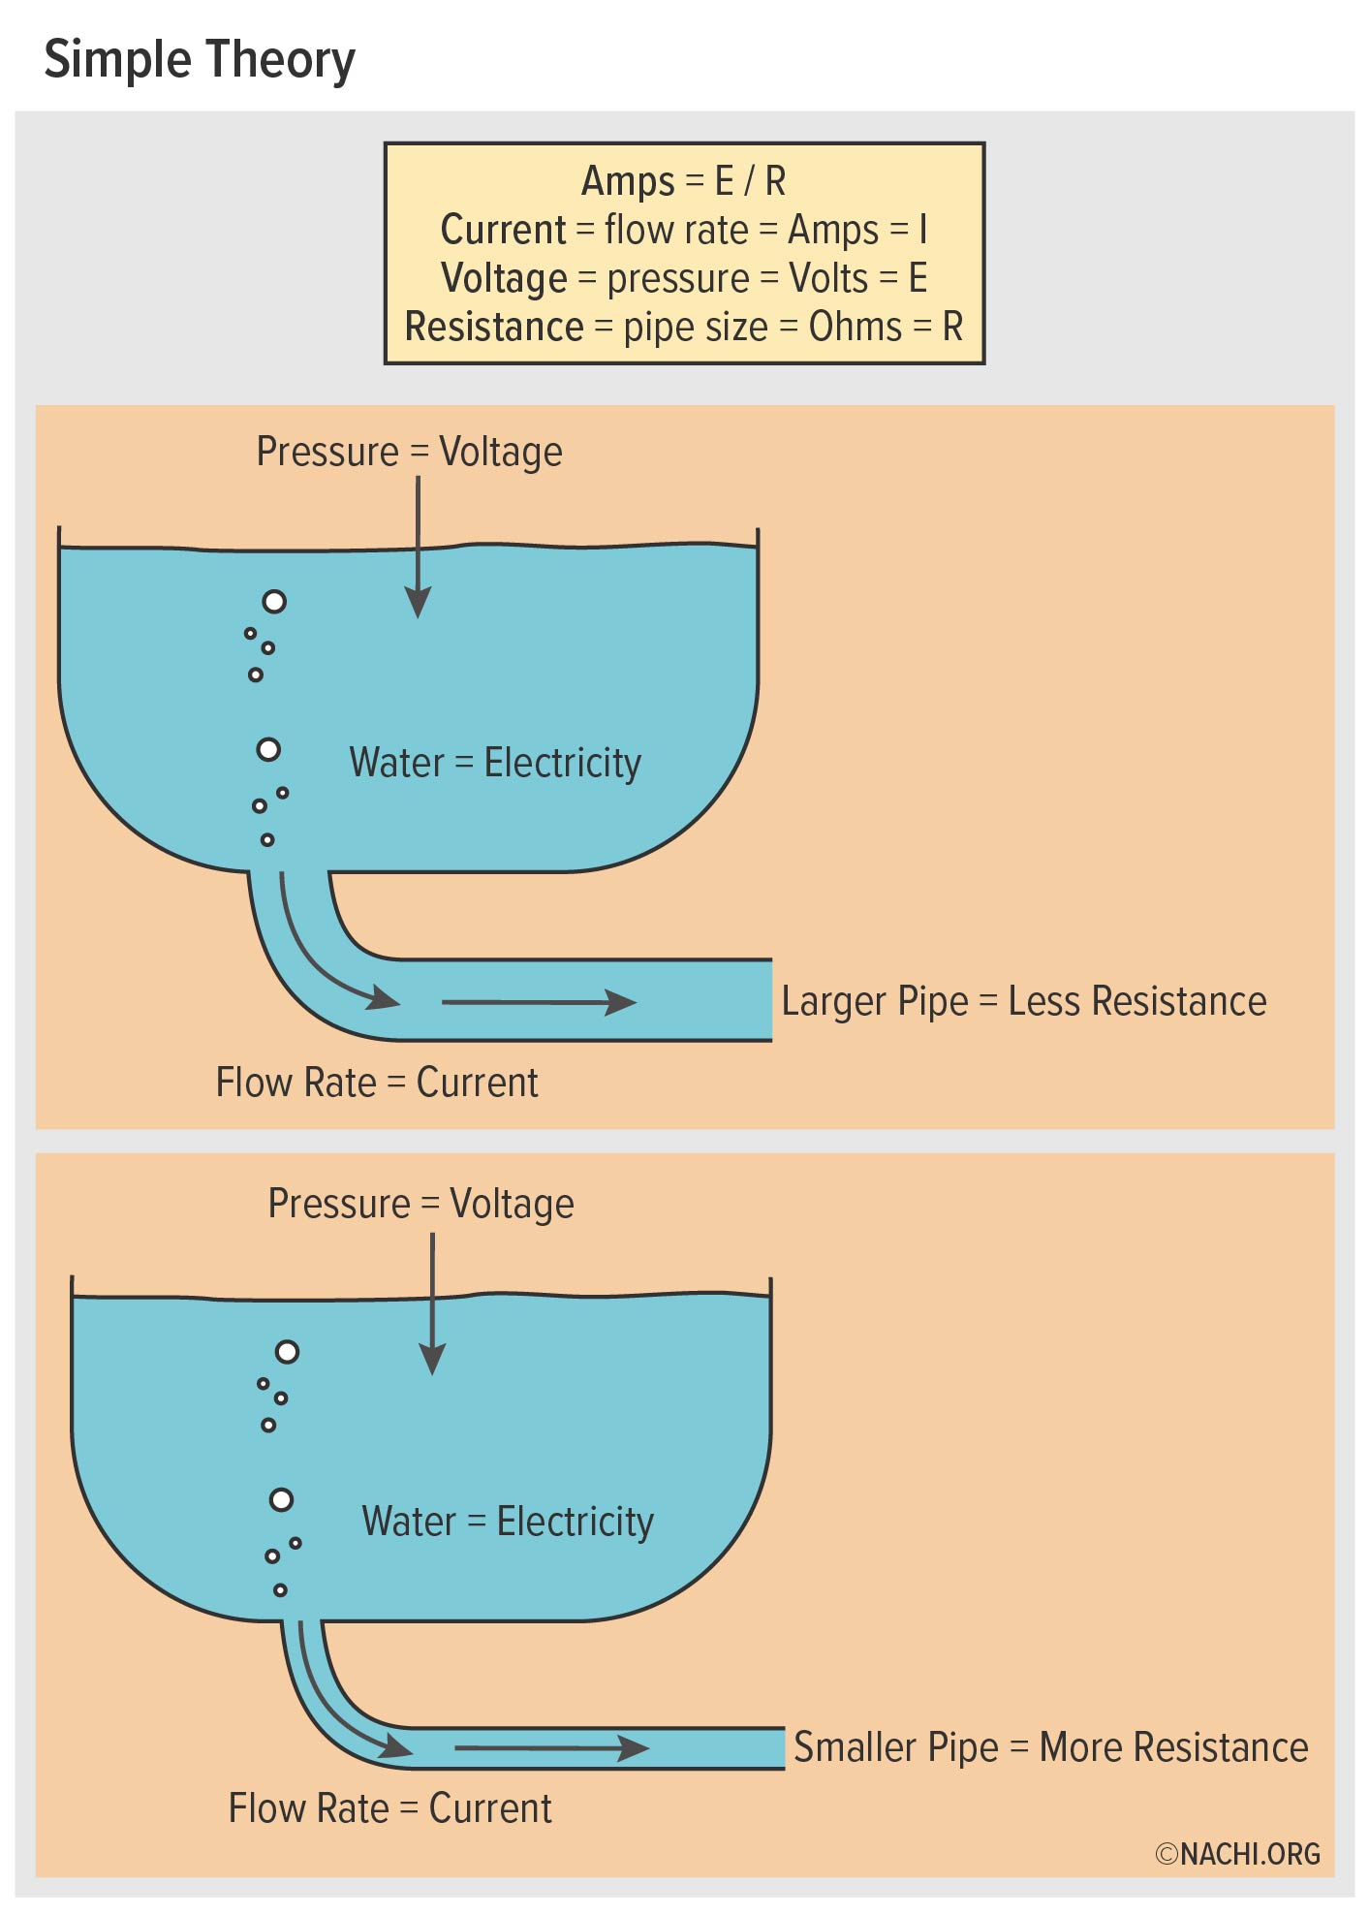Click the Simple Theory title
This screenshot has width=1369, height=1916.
pos(200,60)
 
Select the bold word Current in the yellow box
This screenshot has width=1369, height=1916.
pos(503,230)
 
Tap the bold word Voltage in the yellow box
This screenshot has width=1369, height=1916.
pos(504,279)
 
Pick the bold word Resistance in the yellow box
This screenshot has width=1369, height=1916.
pos(494,328)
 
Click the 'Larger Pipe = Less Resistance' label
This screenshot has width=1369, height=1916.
pos(1023,1001)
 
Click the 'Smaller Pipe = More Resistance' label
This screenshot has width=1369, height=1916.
pos(1050,1747)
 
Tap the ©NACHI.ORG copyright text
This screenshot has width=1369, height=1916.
pos(1237,1854)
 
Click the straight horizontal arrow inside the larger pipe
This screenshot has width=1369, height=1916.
pos(539,1002)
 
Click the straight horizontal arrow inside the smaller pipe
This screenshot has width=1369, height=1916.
pos(551,1748)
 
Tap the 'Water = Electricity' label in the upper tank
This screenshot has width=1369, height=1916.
pos(495,763)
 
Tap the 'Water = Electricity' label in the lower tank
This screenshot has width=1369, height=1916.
pos(508,1522)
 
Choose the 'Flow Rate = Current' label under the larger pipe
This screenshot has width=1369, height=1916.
pos(376,1083)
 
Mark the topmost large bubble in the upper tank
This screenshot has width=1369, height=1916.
pos(275,602)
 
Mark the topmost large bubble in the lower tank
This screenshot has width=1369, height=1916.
pos(287,1352)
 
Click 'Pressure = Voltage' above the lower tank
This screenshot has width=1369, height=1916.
pos(420,1204)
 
